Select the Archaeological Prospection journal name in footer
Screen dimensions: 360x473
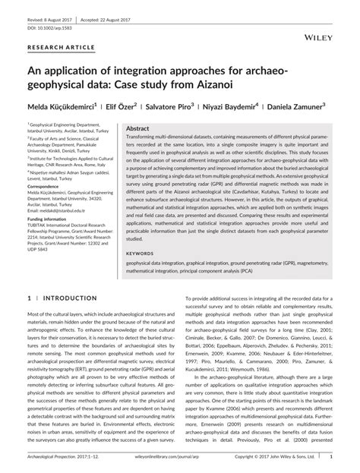click(x=60, y=458)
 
